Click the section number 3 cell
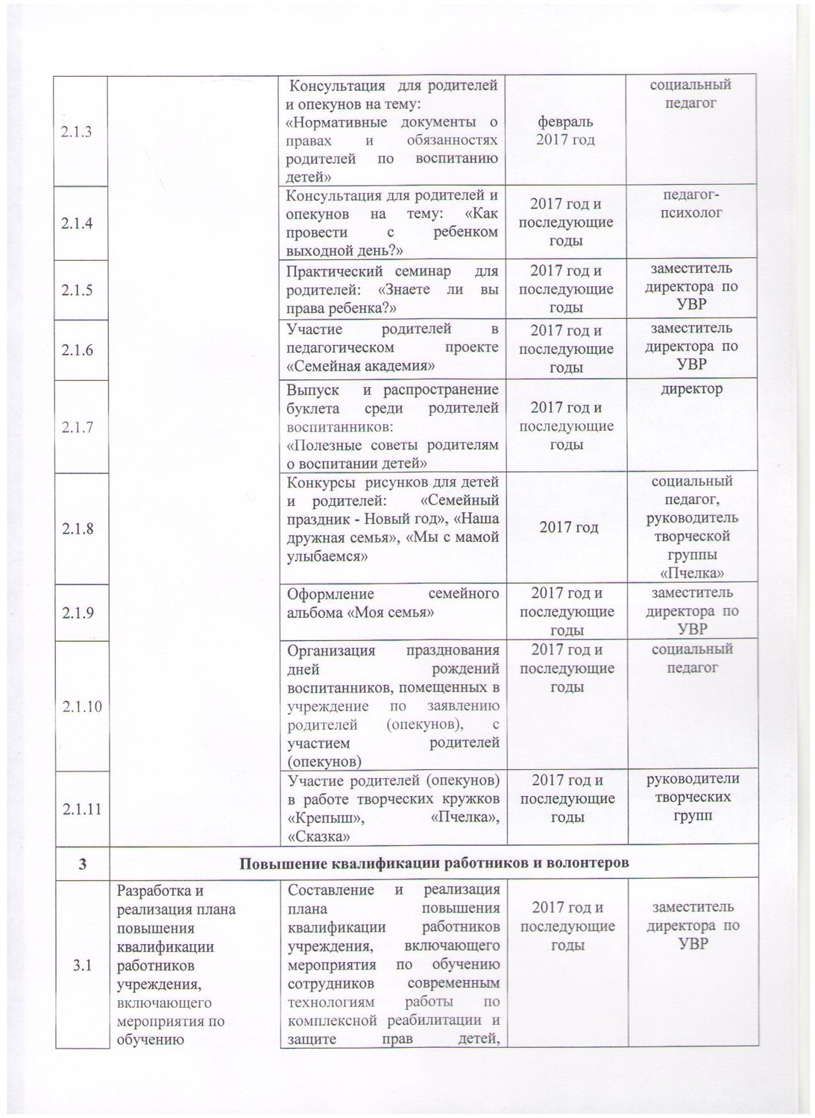click(x=82, y=864)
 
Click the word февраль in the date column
click(x=566, y=121)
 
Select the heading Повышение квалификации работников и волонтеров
click(x=434, y=864)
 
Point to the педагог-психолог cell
click(x=691, y=203)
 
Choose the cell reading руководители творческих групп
click(x=691, y=797)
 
